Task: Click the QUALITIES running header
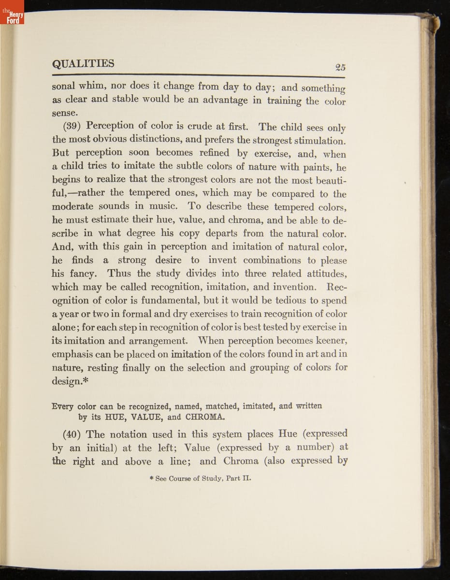(83, 64)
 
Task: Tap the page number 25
(340, 68)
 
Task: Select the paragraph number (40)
(73, 434)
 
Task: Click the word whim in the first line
(92, 86)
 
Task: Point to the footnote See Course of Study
(203, 479)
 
